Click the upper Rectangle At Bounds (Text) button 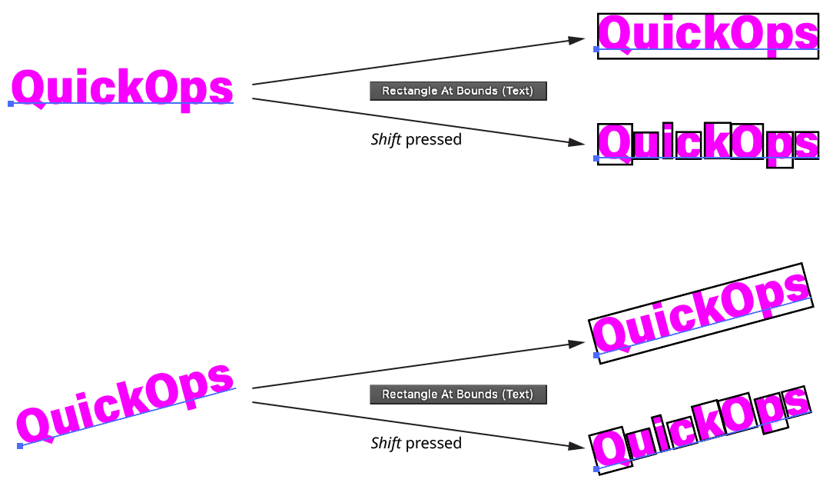(458, 91)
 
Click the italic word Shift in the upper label (386, 139)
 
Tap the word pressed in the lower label (433, 443)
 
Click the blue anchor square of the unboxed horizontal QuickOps (11, 103)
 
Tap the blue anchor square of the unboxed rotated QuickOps (20, 446)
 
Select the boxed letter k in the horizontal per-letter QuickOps (717, 141)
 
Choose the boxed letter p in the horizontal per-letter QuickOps (779, 148)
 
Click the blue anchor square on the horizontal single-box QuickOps (596, 49)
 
